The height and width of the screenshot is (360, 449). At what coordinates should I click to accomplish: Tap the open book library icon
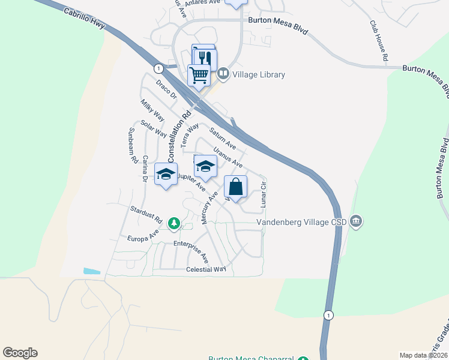click(223, 74)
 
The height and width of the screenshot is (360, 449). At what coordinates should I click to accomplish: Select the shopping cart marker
click(199, 76)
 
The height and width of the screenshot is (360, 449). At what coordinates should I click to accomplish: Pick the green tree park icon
click(174, 223)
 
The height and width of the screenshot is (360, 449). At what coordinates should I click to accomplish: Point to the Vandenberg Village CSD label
click(303, 222)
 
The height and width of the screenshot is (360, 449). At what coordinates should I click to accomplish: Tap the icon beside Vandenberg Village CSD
click(356, 222)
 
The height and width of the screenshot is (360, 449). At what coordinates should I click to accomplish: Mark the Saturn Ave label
click(222, 137)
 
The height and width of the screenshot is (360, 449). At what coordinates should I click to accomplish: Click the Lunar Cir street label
click(263, 193)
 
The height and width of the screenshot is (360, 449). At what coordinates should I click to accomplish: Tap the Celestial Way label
click(206, 269)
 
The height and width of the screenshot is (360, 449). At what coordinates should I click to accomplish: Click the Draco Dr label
click(166, 91)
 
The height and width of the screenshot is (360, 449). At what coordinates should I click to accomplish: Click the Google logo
click(20, 353)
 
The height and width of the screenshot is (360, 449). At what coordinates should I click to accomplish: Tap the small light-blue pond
click(92, 271)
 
